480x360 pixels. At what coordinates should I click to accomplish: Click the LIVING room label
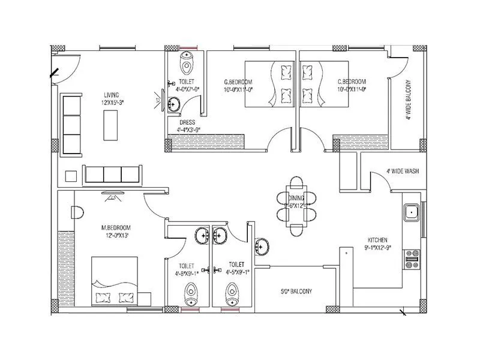click(111, 95)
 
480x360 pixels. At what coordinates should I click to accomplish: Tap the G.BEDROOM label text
click(238, 82)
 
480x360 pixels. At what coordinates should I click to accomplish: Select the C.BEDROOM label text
click(352, 82)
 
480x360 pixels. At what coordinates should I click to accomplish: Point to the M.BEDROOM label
click(116, 227)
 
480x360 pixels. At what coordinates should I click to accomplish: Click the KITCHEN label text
click(378, 238)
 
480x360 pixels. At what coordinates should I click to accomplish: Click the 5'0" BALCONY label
click(296, 292)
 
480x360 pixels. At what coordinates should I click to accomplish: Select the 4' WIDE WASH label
click(402, 171)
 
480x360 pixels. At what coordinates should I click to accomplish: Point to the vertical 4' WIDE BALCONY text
click(408, 100)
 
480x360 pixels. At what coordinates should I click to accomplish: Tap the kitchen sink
click(411, 212)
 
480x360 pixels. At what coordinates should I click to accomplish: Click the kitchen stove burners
click(412, 259)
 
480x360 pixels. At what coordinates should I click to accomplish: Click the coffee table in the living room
click(112, 125)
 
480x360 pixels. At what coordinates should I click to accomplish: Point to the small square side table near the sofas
click(71, 176)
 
